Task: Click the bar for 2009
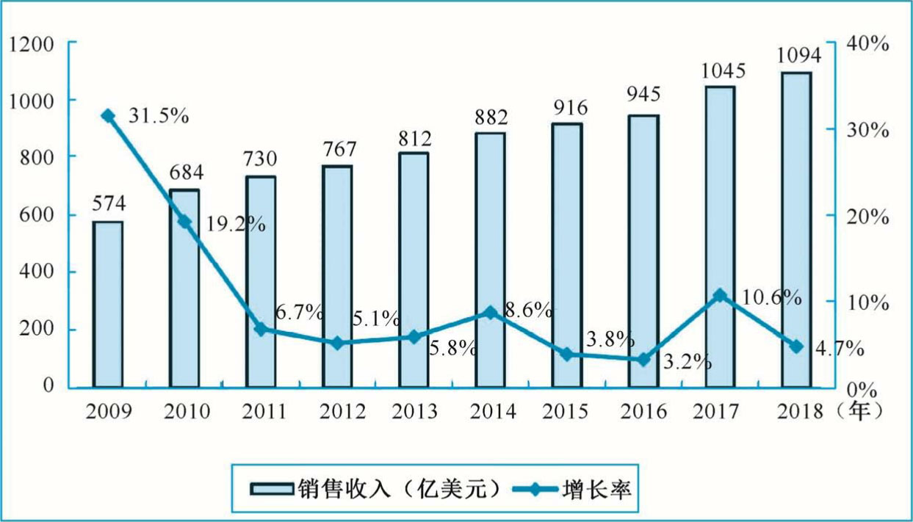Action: [108, 304]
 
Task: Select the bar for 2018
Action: [796, 229]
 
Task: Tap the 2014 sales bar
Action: [491, 260]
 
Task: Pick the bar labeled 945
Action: [643, 250]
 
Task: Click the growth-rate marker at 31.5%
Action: [108, 116]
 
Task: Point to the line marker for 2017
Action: [720, 296]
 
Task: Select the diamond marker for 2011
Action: [261, 329]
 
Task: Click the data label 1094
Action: [798, 57]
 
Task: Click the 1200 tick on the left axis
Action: [33, 44]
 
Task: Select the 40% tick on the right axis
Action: [867, 44]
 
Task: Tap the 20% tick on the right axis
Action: [867, 217]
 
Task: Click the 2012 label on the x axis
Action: [337, 411]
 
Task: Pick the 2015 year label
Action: [567, 411]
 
